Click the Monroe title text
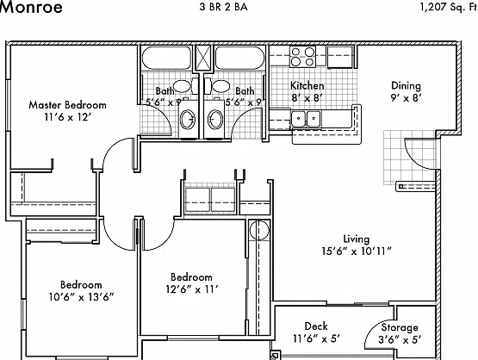(31, 7)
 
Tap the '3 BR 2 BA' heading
(223, 7)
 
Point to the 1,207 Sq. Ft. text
(449, 7)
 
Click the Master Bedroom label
(68, 105)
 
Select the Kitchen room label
(307, 85)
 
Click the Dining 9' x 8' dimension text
(406, 98)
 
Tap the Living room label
(357, 239)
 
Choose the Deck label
(316, 326)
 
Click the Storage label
(400, 327)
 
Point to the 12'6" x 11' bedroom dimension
(192, 289)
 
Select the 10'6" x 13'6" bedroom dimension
(82, 296)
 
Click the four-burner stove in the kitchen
(302, 56)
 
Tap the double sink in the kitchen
(306, 119)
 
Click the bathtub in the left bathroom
(166, 58)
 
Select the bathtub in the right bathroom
(239, 58)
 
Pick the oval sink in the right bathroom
(215, 119)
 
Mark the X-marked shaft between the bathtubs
(202, 58)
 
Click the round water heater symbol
(259, 230)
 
